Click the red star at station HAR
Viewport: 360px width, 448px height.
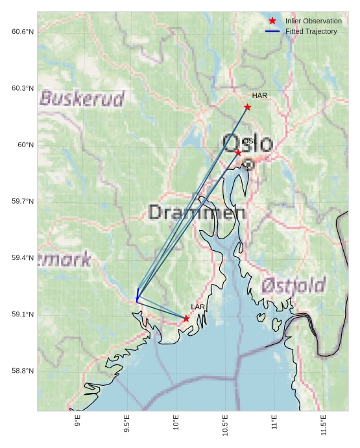247,107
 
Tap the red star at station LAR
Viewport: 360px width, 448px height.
186,318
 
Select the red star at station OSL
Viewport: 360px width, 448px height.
238,152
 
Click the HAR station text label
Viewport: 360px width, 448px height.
259,96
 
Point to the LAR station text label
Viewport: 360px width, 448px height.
198,307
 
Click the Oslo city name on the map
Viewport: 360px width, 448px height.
247,143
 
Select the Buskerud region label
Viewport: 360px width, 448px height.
82,99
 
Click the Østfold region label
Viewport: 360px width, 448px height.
293,285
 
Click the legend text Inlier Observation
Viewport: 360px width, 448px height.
313,21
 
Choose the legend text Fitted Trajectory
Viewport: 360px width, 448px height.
311,31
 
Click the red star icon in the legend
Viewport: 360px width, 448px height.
272,21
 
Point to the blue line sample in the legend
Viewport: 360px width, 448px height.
272,31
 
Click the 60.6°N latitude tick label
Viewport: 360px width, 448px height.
22,32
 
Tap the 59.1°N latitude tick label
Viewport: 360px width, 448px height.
22,314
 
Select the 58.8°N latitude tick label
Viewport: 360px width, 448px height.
22,371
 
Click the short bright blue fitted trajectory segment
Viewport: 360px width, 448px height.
138,294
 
